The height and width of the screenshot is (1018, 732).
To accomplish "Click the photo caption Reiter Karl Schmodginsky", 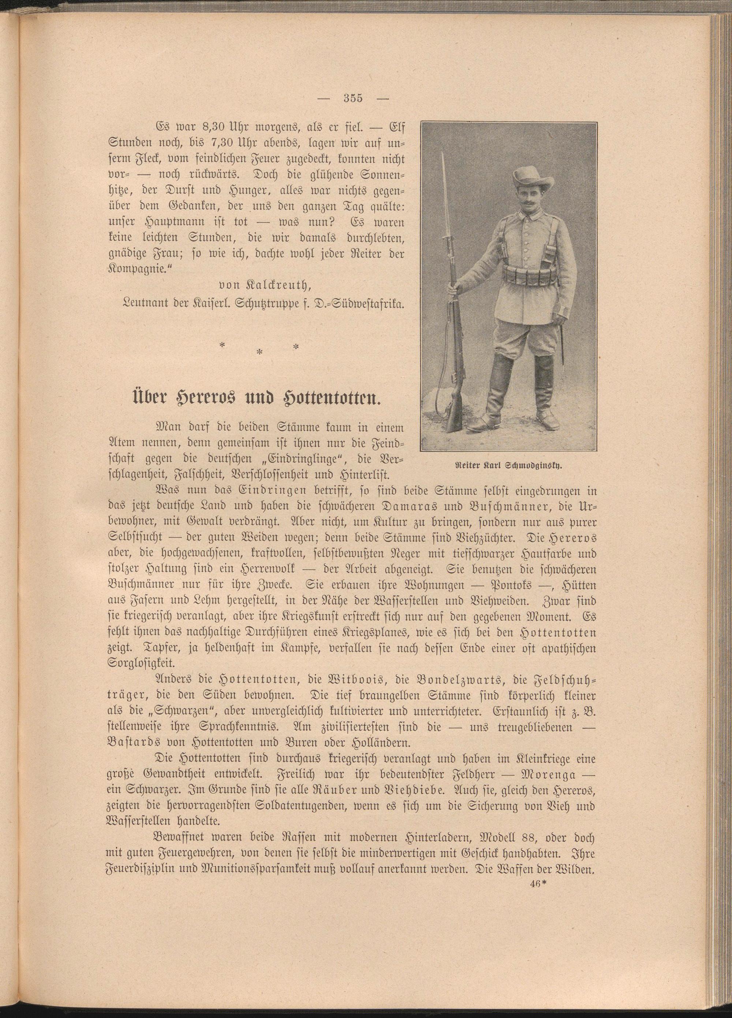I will pyautogui.click(x=509, y=466).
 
